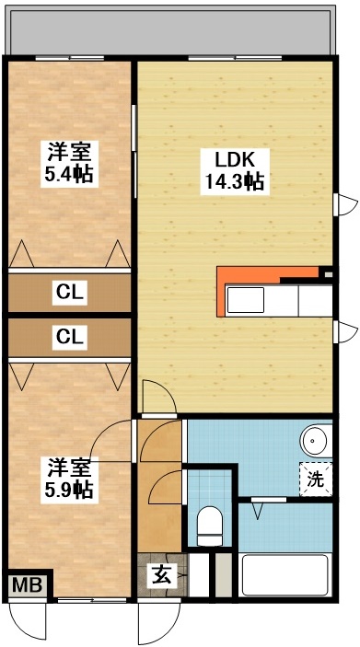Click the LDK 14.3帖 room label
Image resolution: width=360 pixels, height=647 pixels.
[x=234, y=169]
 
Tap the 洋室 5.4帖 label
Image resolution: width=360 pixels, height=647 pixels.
[x=70, y=162]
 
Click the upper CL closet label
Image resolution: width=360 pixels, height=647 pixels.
[x=70, y=293]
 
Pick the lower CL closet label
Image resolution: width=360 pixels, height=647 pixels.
[x=70, y=337]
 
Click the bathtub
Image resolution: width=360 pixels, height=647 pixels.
[x=285, y=577]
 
